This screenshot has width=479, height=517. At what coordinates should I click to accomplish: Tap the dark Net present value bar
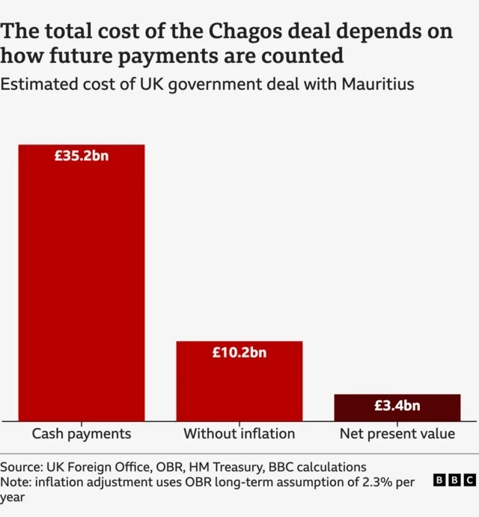tap(397, 407)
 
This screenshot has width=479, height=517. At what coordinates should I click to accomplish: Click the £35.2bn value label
tap(81, 156)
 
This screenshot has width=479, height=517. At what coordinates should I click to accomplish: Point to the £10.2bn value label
tap(239, 353)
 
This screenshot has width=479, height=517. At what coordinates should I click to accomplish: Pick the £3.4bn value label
tap(397, 406)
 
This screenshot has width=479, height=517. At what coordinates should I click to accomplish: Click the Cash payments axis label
tap(81, 434)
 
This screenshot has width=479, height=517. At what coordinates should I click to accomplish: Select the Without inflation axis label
tap(239, 434)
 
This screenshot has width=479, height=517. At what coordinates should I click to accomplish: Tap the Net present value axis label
tap(397, 434)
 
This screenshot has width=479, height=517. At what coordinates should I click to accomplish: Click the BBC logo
tap(454, 480)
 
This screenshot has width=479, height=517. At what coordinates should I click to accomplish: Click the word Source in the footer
tap(21, 467)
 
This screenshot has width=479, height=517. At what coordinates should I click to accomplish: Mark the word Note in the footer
tap(16, 482)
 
